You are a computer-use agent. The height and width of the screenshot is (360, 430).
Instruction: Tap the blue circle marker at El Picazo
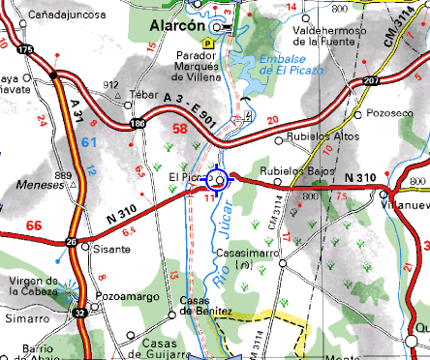click(x=219, y=180)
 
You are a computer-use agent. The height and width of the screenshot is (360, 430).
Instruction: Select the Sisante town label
click(x=110, y=248)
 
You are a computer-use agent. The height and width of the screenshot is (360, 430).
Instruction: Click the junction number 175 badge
click(x=24, y=49)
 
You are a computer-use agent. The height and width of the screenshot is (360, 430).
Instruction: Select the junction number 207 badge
click(x=371, y=80)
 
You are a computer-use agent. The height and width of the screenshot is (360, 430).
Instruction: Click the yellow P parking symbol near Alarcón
click(x=206, y=44)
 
